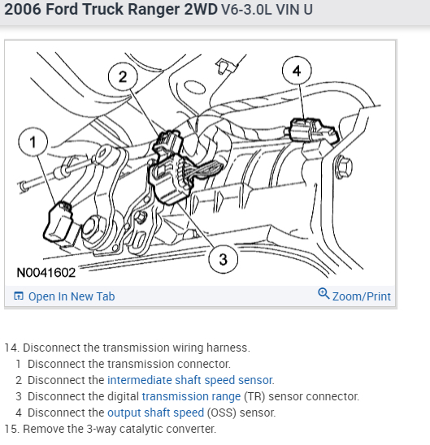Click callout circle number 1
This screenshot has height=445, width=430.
tap(33, 141)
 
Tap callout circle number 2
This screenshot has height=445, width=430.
tap(123, 76)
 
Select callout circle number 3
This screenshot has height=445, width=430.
tap(223, 259)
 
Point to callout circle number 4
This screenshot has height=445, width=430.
tap(297, 71)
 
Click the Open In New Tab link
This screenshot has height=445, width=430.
tap(72, 296)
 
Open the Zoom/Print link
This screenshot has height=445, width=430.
tap(362, 296)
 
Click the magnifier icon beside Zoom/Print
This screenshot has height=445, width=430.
tap(324, 293)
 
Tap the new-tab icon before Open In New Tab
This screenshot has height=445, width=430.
tap(19, 296)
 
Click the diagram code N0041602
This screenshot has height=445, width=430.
tap(46, 273)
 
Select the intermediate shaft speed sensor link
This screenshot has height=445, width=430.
tap(190, 380)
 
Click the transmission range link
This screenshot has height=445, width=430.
tap(191, 396)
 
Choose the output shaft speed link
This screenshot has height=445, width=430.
tap(155, 413)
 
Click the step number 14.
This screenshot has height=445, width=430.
tap(11, 348)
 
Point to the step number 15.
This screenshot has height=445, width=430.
tap(11, 429)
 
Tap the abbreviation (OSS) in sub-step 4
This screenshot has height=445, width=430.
tap(222, 413)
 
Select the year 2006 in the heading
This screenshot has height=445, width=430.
tap(23, 9)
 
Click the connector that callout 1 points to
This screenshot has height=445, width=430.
tap(59, 222)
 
